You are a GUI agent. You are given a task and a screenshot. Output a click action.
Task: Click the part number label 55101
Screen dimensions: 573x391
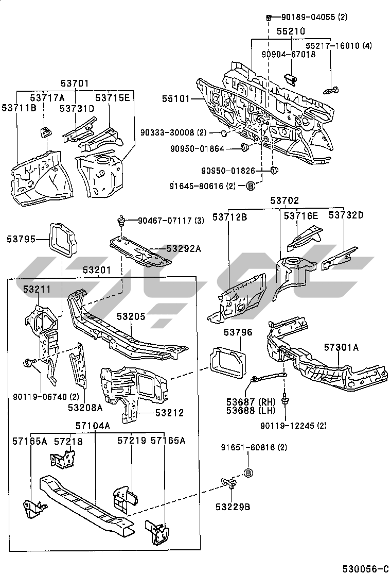click(177, 98)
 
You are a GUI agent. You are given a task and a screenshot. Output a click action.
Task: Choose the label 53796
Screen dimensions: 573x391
click(238, 333)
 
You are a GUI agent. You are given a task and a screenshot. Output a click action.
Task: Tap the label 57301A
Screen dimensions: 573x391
click(341, 347)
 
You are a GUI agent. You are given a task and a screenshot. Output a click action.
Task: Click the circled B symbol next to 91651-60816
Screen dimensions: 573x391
click(247, 473)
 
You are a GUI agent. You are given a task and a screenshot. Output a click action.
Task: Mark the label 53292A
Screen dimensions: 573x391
click(183, 249)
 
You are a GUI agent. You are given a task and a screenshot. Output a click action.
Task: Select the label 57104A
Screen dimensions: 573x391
click(93, 426)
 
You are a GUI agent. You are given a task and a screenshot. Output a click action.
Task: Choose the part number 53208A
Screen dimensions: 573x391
click(85, 408)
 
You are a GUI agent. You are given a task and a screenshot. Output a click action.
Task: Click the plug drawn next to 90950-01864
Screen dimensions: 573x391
click(245, 149)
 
